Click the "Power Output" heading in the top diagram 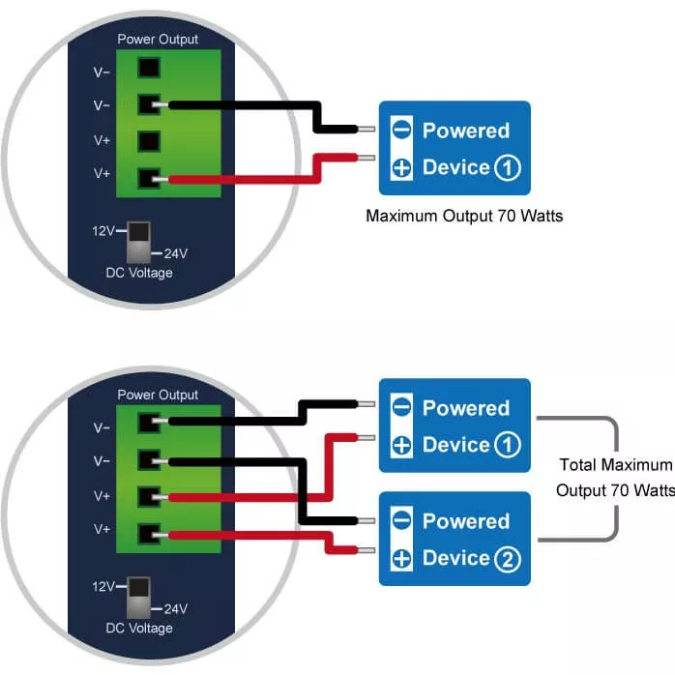coord(158,40)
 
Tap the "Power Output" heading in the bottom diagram coord(158,395)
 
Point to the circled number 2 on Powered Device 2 coord(507,558)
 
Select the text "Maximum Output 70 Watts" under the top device coord(464,216)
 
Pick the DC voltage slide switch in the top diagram coord(140,242)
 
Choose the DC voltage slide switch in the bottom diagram coord(140,597)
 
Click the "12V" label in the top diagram coord(103,231)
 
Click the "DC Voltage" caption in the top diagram coord(139,273)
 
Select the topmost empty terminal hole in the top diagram coord(148,69)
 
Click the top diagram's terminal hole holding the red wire coord(148,178)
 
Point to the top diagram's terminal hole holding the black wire coord(148,104)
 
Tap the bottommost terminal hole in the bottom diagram coord(148,533)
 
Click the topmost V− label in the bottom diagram coord(102,426)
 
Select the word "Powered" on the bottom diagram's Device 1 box coord(465,408)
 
